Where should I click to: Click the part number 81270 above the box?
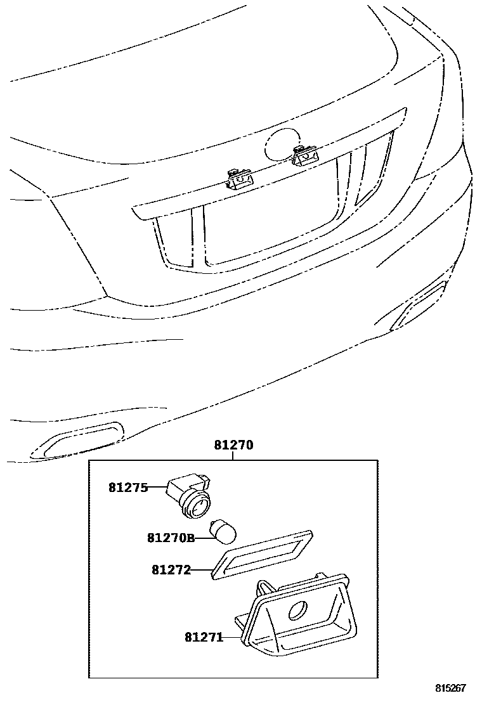coord(233,445)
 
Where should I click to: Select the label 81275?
coord(127,488)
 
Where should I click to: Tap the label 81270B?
coord(171,538)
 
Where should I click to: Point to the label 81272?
coord(171,569)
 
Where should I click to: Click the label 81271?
coord(204,636)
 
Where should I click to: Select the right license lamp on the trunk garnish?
coord(305,153)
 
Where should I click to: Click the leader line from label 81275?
coord(157,488)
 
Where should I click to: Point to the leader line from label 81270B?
coord(203,538)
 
